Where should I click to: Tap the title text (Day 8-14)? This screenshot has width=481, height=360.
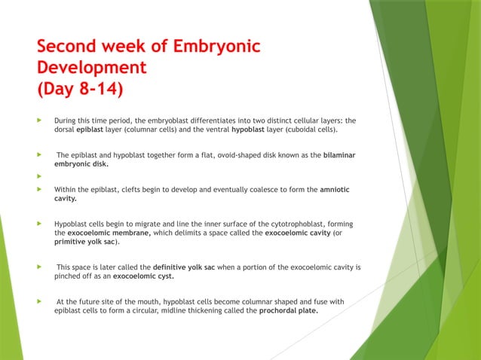(81, 90)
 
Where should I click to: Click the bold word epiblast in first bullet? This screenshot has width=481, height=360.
(90, 129)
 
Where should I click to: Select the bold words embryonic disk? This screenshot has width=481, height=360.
(81, 163)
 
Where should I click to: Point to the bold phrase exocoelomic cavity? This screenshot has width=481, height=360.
(299, 233)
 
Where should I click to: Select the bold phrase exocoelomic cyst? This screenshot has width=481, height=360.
(143, 276)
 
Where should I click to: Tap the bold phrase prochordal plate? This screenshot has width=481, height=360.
(288, 310)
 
